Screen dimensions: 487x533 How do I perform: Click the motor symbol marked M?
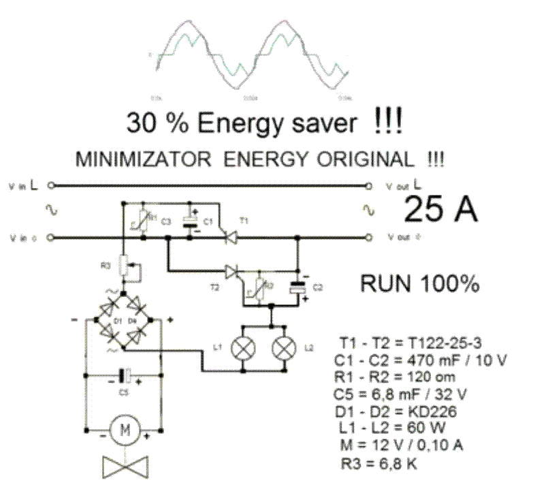(x=125, y=431)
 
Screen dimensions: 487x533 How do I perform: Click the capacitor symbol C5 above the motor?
(x=125, y=375)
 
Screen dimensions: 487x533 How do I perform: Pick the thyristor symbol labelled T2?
(x=233, y=272)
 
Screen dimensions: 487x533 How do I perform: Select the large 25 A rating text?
(x=440, y=210)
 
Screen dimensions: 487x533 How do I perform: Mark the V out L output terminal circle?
(x=369, y=185)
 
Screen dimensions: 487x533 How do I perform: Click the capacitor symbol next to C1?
(x=191, y=220)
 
